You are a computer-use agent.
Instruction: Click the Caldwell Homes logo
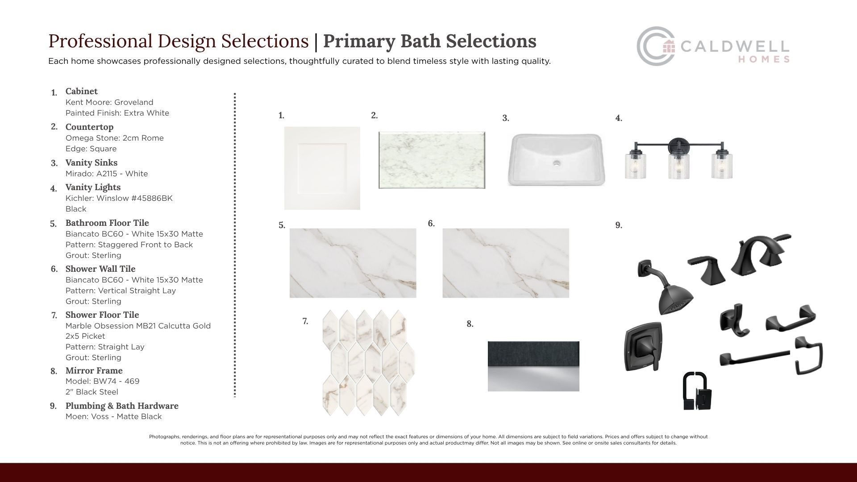click(713, 46)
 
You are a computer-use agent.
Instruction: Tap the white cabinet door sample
click(322, 168)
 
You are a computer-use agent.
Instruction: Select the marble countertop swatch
click(432, 160)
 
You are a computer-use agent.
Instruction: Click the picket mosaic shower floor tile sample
click(368, 362)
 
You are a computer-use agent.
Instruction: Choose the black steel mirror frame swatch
click(533, 366)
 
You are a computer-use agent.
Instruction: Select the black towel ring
click(809, 356)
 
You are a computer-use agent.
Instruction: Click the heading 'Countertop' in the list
click(89, 127)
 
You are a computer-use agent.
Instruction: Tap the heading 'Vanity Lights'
click(93, 187)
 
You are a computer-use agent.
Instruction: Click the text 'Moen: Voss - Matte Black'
click(113, 416)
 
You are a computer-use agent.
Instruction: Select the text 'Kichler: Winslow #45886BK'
click(119, 198)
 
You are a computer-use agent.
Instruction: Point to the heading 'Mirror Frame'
click(94, 370)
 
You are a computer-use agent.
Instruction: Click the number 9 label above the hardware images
click(619, 225)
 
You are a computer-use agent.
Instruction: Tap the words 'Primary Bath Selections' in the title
click(429, 41)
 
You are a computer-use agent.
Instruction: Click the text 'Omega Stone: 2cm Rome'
click(115, 138)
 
